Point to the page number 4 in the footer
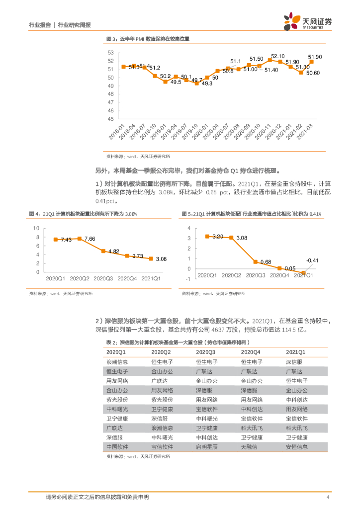[x=328, y=498]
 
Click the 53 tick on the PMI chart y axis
[x=110, y=52]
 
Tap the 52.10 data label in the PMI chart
[x=278, y=56]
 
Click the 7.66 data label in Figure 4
[x=89, y=239]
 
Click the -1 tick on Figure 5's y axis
[x=188, y=279]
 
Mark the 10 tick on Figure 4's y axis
[x=36, y=228]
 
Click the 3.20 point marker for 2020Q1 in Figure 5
[x=207, y=236]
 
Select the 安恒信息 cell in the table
[x=297, y=447]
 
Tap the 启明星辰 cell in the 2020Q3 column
[x=207, y=447]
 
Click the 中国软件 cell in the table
[x=117, y=447]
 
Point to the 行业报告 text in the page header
[x=40, y=24]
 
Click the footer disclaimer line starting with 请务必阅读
[x=97, y=498]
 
